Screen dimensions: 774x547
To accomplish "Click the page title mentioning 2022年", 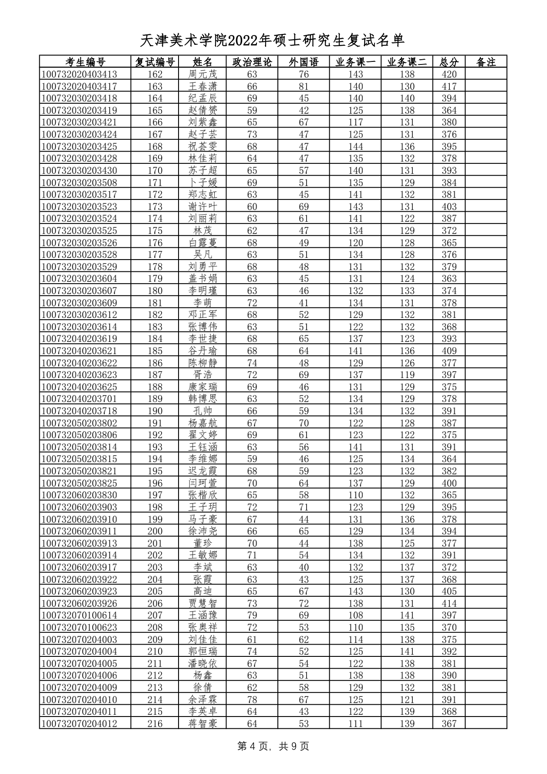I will [273, 41].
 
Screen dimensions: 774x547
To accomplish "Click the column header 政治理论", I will [252, 62].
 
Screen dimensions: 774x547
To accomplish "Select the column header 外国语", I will [304, 62].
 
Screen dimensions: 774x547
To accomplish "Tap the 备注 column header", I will [486, 62].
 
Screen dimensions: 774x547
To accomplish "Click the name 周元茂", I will [203, 74].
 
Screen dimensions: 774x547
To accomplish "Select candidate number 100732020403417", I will [79, 86].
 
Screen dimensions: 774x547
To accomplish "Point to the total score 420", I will [449, 74].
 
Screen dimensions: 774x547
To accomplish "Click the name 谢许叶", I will [203, 206].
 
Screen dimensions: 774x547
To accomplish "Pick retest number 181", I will [155, 303].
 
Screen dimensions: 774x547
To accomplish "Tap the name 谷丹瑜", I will [203, 351].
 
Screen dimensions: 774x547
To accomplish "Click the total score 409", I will [449, 351].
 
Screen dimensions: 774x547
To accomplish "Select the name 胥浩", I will [203, 375].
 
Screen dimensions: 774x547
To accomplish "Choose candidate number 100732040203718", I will [79, 411].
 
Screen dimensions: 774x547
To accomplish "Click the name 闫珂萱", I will [203, 483].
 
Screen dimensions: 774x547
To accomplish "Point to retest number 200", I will [155, 531].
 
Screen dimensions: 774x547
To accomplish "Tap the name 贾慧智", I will [203, 603].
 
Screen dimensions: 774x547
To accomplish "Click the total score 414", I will [449, 603].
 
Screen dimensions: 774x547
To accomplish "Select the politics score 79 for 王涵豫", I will [252, 615].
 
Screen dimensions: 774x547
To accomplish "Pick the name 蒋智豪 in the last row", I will [203, 723].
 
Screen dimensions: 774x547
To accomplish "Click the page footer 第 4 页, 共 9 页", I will [273, 746].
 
